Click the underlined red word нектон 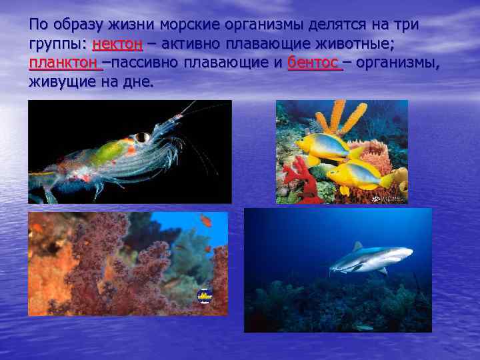(117, 45)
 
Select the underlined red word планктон (64, 64)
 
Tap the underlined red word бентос (313, 64)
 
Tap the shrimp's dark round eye (141, 137)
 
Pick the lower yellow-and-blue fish (357, 175)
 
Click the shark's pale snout (407, 252)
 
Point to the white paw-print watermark (377, 198)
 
